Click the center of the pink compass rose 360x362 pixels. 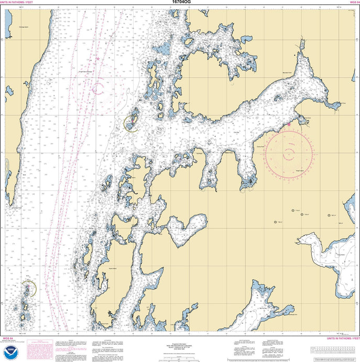pos(289,154)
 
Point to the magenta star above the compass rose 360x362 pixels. pos(288,125)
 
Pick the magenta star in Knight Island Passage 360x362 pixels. pos(97,59)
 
